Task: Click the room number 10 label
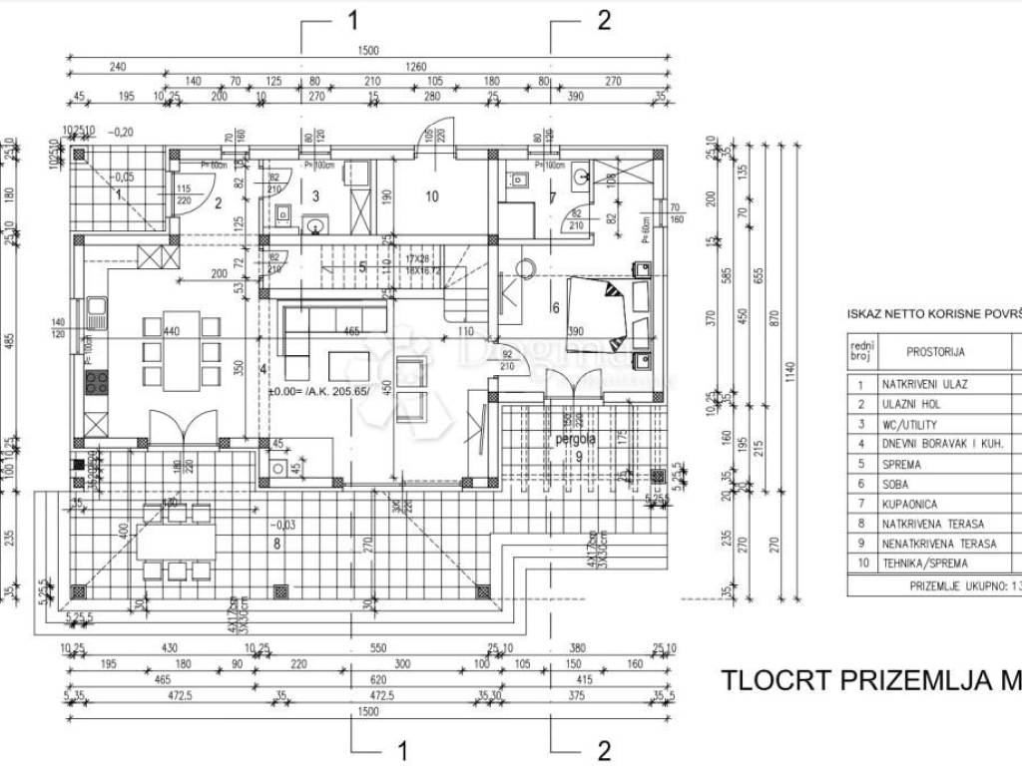[x=431, y=196]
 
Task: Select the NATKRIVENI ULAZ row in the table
[x=925, y=383]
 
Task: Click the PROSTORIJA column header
[x=935, y=351]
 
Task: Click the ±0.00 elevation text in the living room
[x=318, y=392]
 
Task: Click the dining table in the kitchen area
[x=180, y=350]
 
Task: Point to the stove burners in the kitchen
[x=97, y=383]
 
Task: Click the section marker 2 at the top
[x=603, y=22]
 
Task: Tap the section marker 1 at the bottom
[x=403, y=750]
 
